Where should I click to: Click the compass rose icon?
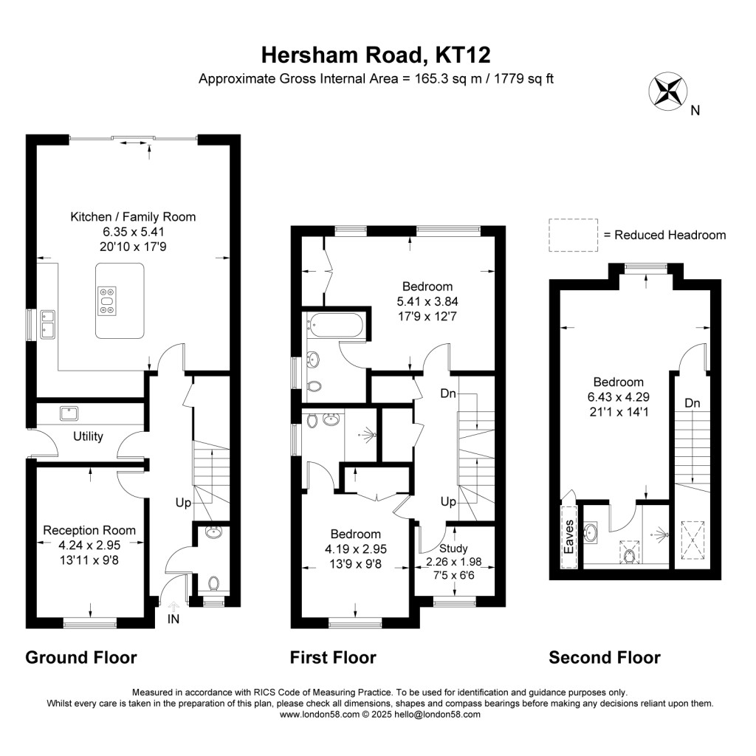pos(667,91)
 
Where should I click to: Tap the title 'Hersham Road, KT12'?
pos(377,55)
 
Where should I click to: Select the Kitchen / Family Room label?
pos(133,216)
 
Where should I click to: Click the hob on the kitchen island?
pos(107,300)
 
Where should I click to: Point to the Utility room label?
pos(88,436)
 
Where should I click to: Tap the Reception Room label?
pos(89,530)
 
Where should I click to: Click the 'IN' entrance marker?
pos(174,619)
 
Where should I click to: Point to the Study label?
pos(453,548)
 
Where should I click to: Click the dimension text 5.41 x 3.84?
pos(427,301)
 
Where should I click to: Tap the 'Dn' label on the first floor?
pos(448,394)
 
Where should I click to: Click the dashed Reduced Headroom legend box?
pos(573,235)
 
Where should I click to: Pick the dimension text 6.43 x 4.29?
pos(619,397)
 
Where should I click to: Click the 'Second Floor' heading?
pos(604,657)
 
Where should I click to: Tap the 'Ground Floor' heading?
pos(81,657)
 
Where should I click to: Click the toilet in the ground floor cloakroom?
pos(214,583)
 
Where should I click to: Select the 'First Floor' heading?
pos(333,657)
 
